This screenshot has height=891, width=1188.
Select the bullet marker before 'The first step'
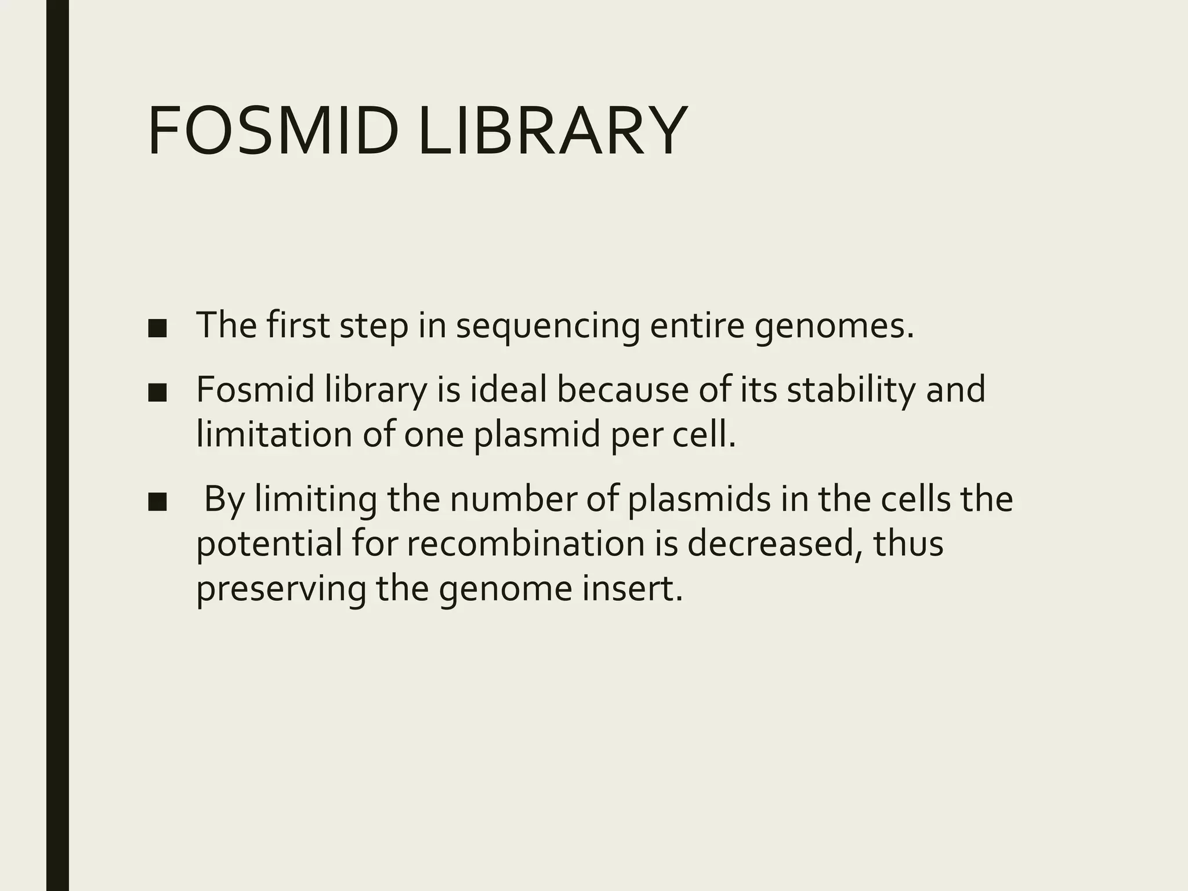pos(157,329)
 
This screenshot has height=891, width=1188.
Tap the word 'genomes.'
pos(834,326)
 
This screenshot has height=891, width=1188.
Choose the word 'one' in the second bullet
pos(434,435)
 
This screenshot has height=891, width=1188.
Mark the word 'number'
pos(512,499)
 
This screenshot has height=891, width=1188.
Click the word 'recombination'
pos(526,544)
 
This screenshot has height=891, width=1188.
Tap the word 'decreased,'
pos(775,544)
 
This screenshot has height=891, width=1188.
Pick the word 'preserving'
pos(281,589)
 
